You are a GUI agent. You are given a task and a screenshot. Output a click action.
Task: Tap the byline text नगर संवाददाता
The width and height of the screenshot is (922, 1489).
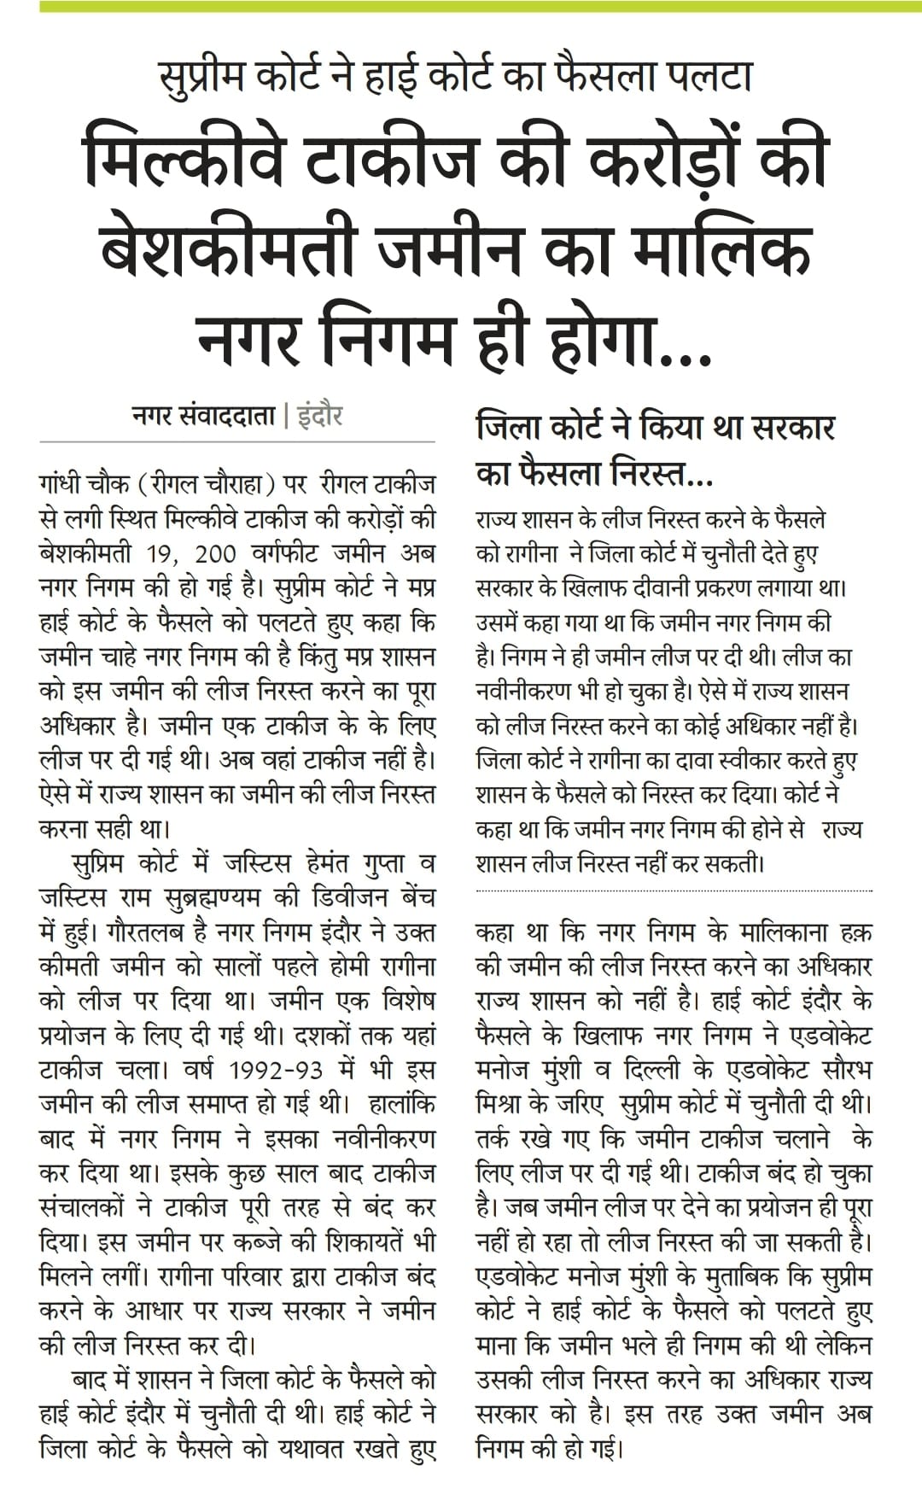[x=204, y=417]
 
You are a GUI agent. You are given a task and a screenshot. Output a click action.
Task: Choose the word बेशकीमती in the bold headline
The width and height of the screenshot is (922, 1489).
[x=230, y=250]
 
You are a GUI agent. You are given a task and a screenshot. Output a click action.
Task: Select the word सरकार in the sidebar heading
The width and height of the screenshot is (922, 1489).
[x=786, y=427]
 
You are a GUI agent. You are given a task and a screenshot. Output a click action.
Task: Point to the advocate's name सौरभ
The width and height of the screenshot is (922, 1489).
[x=836, y=1070]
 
